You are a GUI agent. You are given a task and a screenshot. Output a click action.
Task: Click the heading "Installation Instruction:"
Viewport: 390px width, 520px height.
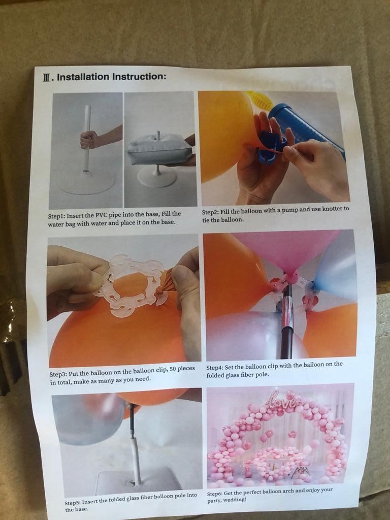111,77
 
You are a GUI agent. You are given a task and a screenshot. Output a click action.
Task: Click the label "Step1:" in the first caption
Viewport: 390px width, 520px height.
56,216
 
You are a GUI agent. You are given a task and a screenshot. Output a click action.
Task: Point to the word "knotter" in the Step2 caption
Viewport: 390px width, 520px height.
332,209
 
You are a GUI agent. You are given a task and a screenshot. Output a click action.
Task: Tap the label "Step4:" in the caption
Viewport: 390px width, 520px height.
215,368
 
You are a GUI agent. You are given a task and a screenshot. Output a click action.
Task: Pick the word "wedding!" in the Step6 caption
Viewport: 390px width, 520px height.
235,500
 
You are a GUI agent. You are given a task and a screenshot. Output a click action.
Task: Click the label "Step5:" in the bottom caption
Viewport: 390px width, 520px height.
73,503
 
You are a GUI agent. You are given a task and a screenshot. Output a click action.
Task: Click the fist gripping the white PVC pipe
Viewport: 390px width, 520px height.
88,140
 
